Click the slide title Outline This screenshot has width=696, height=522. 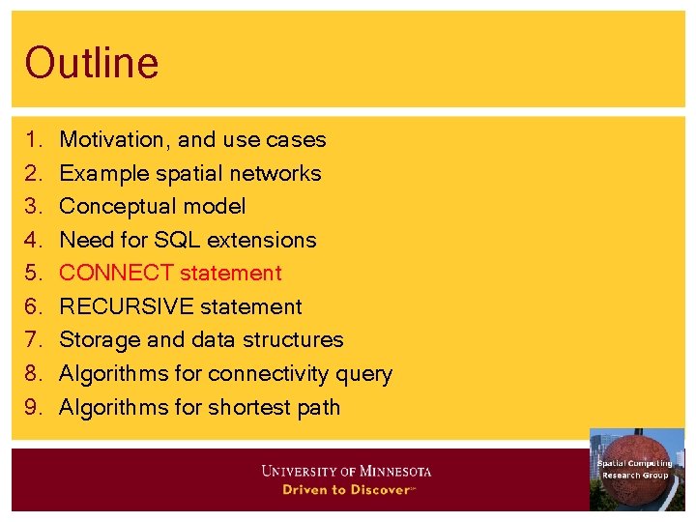92,63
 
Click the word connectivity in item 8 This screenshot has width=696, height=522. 266,374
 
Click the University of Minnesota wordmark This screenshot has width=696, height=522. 346,472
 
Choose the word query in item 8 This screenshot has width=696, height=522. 366,374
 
